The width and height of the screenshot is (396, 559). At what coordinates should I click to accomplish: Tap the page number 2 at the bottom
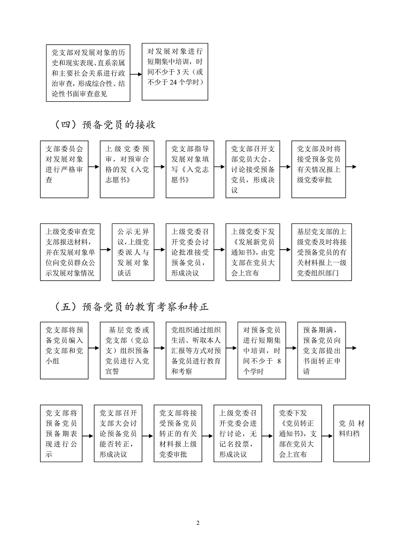[198, 523]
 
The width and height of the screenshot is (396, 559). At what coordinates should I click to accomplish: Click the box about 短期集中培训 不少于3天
[175, 72]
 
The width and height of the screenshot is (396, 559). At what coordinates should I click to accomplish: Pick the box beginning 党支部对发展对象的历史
[88, 73]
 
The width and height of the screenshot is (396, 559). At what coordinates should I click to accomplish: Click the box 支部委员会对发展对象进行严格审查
[64, 170]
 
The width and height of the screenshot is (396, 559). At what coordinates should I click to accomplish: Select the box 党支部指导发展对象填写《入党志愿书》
[190, 170]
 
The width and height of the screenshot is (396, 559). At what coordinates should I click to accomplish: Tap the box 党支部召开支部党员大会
[253, 170]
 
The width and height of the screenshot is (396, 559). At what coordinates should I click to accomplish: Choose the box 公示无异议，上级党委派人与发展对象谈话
[133, 252]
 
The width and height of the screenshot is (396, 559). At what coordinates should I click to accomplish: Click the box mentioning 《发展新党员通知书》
[253, 252]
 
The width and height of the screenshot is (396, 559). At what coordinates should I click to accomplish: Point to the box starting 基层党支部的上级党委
[322, 252]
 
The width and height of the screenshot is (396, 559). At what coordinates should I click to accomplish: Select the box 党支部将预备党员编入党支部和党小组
[64, 350]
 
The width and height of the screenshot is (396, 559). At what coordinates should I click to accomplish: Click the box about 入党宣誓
[127, 350]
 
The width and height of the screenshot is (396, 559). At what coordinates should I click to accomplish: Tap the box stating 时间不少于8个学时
[262, 350]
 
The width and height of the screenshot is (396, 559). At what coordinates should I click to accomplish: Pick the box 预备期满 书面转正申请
[322, 350]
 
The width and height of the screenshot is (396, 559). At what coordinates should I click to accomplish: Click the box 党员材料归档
[352, 433]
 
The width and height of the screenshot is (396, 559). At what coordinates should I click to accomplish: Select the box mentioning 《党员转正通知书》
[298, 433]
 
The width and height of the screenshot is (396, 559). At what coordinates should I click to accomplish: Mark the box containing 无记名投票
[238, 433]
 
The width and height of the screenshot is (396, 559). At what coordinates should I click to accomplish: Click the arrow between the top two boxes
[136, 75]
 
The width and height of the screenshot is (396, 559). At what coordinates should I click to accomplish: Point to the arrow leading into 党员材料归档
[328, 435]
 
